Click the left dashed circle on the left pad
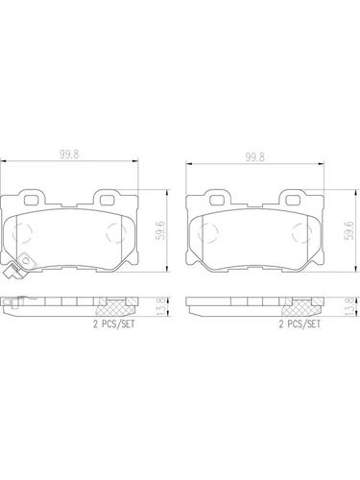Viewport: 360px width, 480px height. pyautogui.click(x=29, y=233)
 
